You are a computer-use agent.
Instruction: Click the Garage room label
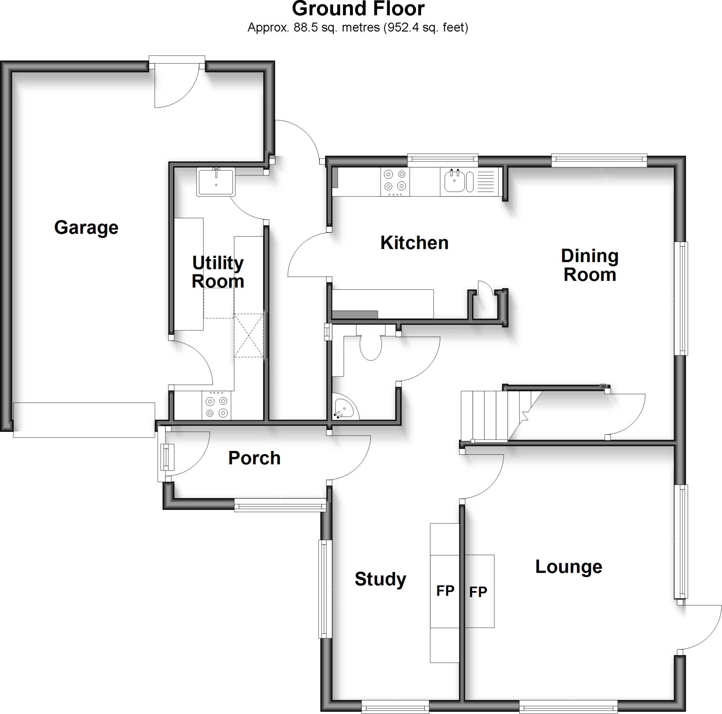pyautogui.click(x=86, y=228)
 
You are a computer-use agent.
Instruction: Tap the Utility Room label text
pyautogui.click(x=218, y=272)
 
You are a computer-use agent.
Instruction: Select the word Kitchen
pyautogui.click(x=415, y=243)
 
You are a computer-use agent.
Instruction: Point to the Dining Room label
pyautogui.click(x=590, y=265)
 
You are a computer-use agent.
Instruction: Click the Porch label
pyautogui.click(x=254, y=458)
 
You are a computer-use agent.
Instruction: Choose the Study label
pyautogui.click(x=380, y=579)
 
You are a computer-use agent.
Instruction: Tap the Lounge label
pyautogui.click(x=568, y=566)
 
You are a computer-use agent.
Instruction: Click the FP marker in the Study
pyautogui.click(x=445, y=591)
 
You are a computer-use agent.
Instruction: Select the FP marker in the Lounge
pyautogui.click(x=478, y=592)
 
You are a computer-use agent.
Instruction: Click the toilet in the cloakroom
pyautogui.click(x=371, y=346)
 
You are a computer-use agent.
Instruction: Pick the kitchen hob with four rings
pyautogui.click(x=395, y=181)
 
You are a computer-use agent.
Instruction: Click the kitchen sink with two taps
pyautogui.click(x=455, y=181)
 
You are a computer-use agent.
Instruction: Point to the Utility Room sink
pyautogui.click(x=216, y=182)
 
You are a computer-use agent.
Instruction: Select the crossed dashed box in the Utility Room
pyautogui.click(x=249, y=335)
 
